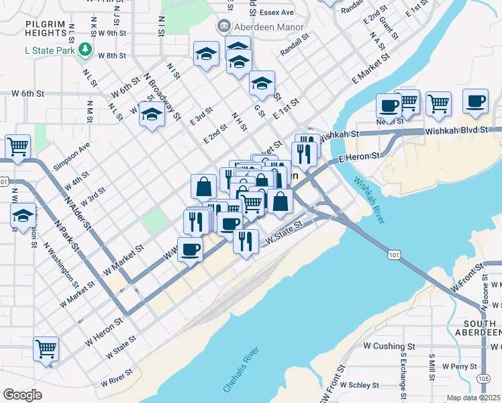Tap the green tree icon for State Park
click(85, 48)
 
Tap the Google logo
click(23, 395)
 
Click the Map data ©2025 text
click(474, 398)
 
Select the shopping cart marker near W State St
click(46, 348)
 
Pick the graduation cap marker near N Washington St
click(23, 216)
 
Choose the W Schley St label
click(359, 386)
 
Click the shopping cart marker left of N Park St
click(17, 146)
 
